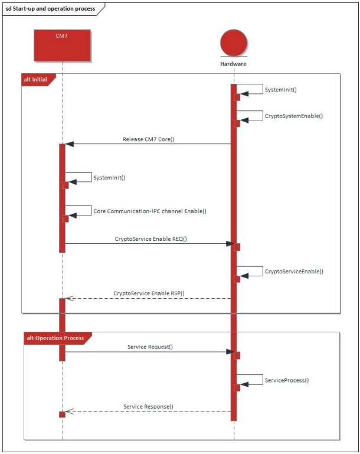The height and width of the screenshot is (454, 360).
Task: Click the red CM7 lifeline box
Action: pyautogui.click(x=62, y=45)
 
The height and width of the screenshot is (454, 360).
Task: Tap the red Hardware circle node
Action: pyautogui.click(x=234, y=44)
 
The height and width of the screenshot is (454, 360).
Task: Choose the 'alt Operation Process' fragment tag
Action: pyautogui.click(x=55, y=338)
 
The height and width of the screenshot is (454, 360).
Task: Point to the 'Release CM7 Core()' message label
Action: pyautogui.click(x=149, y=139)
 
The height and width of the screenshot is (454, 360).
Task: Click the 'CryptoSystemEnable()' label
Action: pyautogui.click(x=293, y=116)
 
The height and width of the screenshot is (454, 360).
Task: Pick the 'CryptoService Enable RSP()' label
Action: pyautogui.click(x=149, y=293)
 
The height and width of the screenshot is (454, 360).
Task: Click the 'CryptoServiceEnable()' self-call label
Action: pyautogui.click(x=294, y=272)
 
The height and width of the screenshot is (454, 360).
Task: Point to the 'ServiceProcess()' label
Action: pyautogui.click(x=287, y=380)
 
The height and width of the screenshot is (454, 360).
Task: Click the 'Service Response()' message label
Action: pyautogui.click(x=149, y=407)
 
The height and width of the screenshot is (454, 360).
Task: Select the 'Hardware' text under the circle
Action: pyautogui.click(x=234, y=64)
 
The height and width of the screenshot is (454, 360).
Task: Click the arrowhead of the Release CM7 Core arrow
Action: pyautogui.click(x=69, y=143)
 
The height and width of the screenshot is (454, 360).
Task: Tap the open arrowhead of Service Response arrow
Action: pyautogui.click(x=68, y=411)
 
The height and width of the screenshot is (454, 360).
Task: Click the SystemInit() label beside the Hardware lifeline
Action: pyautogui.click(x=281, y=90)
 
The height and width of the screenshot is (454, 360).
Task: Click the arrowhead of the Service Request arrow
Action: pyautogui.click(x=230, y=352)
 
